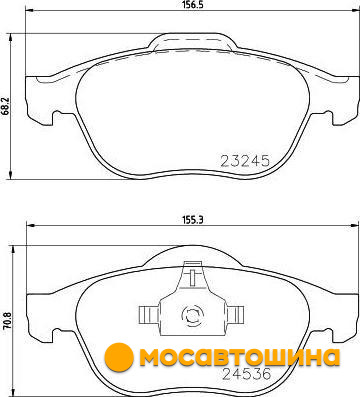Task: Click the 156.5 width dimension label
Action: point(193,5)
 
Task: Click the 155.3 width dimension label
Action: point(193,220)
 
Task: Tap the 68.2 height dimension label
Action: point(5,107)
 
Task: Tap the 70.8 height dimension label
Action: point(7,321)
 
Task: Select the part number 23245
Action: point(245,161)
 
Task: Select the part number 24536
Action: point(246,374)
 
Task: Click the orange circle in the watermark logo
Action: point(119,357)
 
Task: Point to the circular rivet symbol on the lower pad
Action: point(192,315)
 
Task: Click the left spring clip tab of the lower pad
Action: point(149,315)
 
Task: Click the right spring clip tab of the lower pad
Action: point(235,315)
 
